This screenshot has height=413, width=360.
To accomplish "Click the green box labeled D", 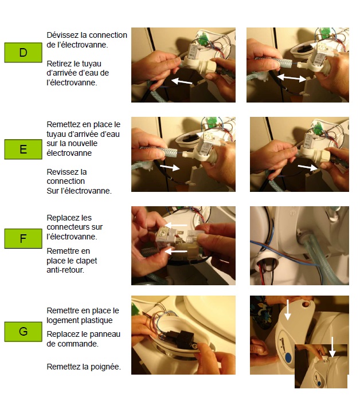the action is (x=23, y=53).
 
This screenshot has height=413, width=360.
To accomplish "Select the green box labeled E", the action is (x=23, y=150).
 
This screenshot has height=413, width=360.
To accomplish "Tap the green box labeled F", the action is (x=23, y=239).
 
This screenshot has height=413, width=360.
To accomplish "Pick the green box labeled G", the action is (x=23, y=332).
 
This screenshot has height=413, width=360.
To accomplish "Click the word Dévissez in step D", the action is (x=62, y=35).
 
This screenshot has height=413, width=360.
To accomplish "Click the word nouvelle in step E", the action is (x=82, y=144).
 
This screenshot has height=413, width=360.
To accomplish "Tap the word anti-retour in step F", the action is (x=65, y=270).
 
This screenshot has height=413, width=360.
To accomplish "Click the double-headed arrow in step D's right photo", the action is (x=291, y=78).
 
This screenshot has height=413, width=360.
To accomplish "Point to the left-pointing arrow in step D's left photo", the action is (x=182, y=81).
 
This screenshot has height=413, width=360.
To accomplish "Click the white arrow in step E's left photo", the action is (x=170, y=167).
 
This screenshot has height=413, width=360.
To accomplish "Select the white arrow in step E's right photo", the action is (x=308, y=167).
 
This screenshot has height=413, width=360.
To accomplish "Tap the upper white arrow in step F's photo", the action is (x=176, y=226).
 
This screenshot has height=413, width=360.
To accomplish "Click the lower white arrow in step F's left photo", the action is (x=176, y=251).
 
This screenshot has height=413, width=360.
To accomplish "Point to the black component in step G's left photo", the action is (x=180, y=339).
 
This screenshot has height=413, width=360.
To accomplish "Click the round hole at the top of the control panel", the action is (x=306, y=304).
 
